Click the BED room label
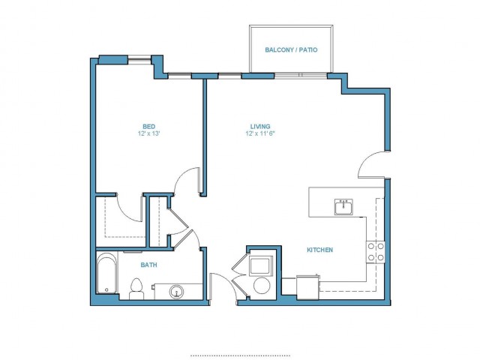pyautogui.click(x=148, y=126)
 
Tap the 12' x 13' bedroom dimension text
pyautogui.click(x=149, y=133)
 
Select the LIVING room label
pyautogui.click(x=260, y=126)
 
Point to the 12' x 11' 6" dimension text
pyautogui.click(x=260, y=133)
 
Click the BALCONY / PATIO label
pyautogui.click(x=291, y=49)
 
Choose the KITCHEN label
pyautogui.click(x=320, y=250)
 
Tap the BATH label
pyautogui.click(x=148, y=265)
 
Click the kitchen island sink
pyautogui.click(x=343, y=207)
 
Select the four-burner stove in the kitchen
pyautogui.click(x=376, y=252)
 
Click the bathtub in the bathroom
pyautogui.click(x=106, y=273)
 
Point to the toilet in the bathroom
pyautogui.click(x=136, y=289)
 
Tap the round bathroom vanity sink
pyautogui.click(x=177, y=292)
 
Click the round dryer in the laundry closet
pyautogui.click(x=262, y=285)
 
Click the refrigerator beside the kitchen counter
pyautogui.click(x=307, y=287)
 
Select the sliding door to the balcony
pyautogui.click(x=301, y=75)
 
